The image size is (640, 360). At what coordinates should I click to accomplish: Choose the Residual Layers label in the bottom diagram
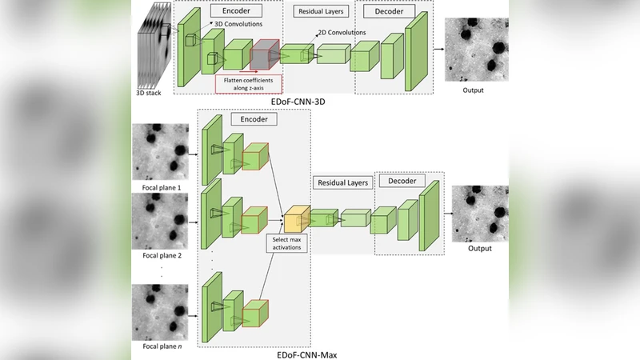[x=342, y=182]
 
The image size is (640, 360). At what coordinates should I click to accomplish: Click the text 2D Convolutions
[x=342, y=33]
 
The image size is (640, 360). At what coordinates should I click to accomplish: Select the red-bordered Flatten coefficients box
[x=249, y=82]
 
